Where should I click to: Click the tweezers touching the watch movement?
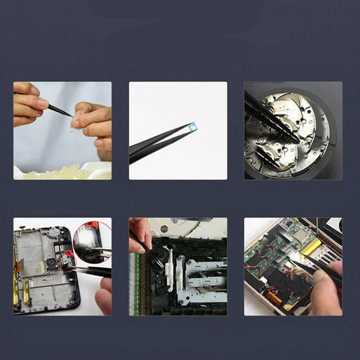click(267, 115)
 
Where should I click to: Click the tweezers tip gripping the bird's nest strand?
click(70, 115)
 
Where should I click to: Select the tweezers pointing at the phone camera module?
click(91, 271)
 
